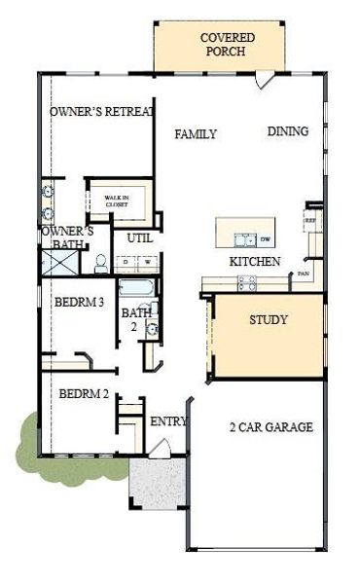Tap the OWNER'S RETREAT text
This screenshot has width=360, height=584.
102,112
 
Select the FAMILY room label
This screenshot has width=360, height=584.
196,134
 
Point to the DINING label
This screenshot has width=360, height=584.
288,131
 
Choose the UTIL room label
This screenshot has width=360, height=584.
132,237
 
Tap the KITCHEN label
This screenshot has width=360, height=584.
255,262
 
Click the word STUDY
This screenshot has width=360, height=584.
268,319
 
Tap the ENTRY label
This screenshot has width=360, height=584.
168,421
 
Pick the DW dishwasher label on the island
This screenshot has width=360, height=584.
265,239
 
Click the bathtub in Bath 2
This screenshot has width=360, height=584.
136,288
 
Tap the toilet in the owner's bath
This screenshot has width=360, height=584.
99,263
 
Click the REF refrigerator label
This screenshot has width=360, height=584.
311,221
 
